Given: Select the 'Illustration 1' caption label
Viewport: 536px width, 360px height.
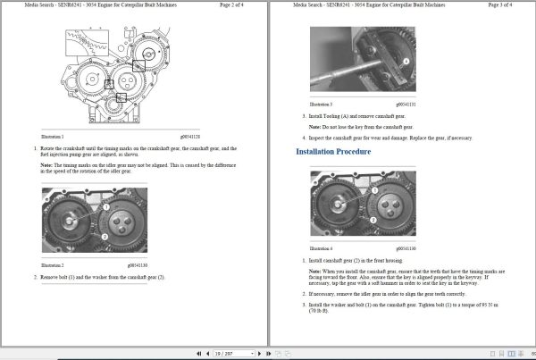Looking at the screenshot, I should click(x=53, y=137).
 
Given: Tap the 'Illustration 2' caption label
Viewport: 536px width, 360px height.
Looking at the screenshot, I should click(x=53, y=265).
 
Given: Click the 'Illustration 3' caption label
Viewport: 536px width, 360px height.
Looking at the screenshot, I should click(x=321, y=105).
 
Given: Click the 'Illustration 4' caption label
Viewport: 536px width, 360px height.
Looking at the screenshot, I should click(x=321, y=248).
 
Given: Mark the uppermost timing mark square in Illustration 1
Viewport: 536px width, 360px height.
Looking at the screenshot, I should click(x=138, y=65).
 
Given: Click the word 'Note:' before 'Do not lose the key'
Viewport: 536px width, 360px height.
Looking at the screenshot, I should click(x=314, y=127).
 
